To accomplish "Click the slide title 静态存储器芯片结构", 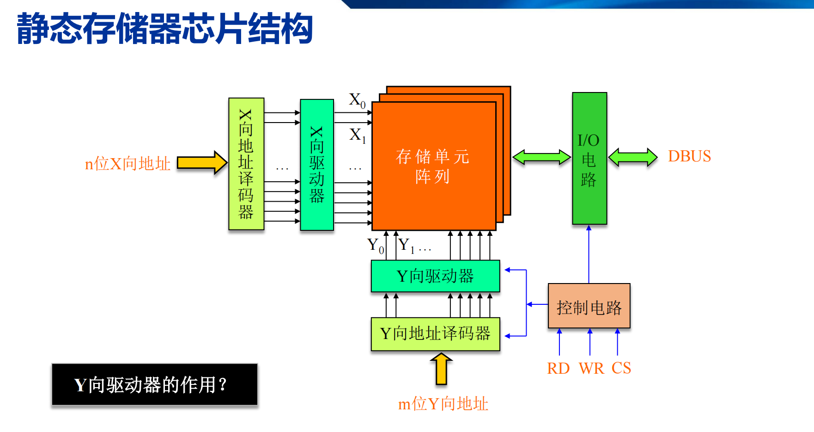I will point(164,29).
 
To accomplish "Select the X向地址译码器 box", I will point(246,164).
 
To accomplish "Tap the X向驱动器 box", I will point(317,165).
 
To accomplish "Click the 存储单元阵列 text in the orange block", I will point(432,166).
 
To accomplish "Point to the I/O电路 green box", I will point(589,159).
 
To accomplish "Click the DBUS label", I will point(689,156).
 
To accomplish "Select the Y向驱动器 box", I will point(435,276).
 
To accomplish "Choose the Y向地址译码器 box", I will point(435,333).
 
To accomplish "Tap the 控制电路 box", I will point(589,306).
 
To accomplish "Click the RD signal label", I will point(558,369).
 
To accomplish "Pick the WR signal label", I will point(591,369).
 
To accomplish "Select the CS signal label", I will point(621,368).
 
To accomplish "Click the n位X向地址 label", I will point(128,164).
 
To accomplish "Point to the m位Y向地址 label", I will point(443,404).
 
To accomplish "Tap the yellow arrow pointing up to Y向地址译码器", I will point(441,369).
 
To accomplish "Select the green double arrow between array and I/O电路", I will point(541,157).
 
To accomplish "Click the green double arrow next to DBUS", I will point(632,157).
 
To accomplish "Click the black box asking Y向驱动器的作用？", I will point(155,384).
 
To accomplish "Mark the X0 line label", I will point(357,100).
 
